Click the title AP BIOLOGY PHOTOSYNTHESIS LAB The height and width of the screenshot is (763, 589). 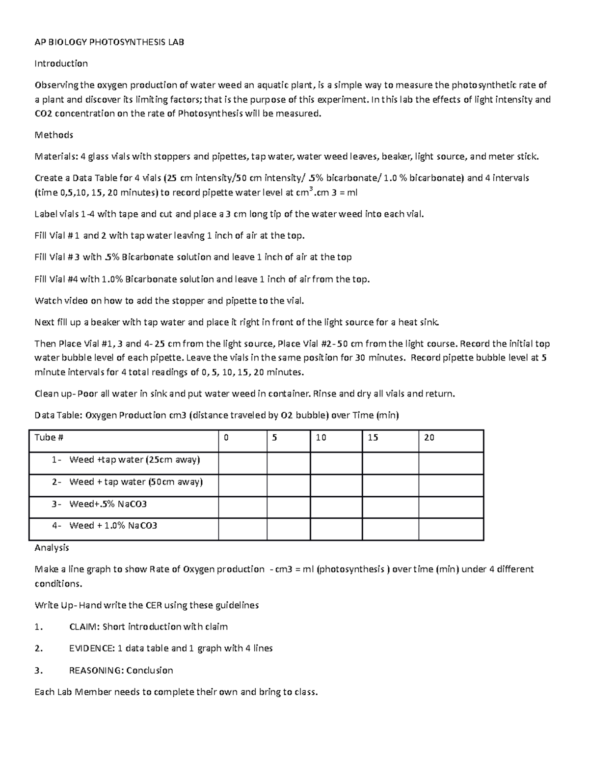(109, 42)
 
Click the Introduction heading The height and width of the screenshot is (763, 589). (61, 63)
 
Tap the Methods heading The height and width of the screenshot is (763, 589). (54, 135)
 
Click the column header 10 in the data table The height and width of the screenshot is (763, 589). (321, 437)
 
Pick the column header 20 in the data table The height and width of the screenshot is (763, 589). (429, 437)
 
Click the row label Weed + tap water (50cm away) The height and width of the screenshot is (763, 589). (136, 482)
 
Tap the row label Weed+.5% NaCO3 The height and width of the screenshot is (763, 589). (108, 504)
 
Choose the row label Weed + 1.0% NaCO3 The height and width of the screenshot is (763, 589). (113, 526)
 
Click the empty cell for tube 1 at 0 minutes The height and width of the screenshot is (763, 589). (242, 463)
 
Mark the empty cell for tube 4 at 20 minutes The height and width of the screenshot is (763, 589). (451, 529)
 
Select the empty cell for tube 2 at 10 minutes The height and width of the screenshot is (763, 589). (336, 485)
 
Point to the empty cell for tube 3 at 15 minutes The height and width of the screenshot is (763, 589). (390, 507)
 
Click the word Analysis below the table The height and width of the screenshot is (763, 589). (52, 547)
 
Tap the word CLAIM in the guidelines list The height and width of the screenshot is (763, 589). (84, 627)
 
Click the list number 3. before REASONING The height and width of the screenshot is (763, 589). (39, 671)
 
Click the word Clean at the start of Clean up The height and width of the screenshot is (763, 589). (46, 394)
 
